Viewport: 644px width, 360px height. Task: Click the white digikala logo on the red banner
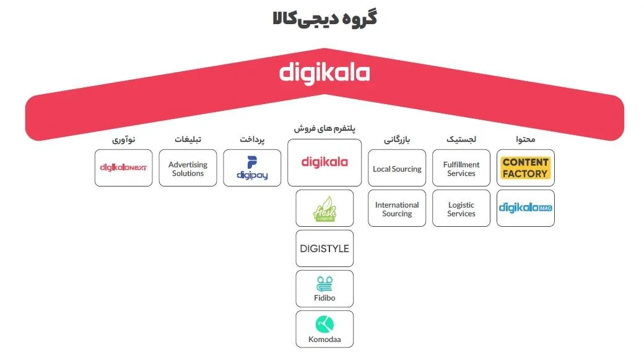coord(324,73)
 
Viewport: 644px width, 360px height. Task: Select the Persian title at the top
coord(324,19)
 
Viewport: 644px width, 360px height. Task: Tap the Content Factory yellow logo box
coord(525,168)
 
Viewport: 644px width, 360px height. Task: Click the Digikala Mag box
coord(525,208)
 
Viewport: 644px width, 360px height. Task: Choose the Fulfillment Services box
coord(461,169)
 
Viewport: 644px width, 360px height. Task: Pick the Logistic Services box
coord(461,209)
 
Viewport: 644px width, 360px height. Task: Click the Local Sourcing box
coord(397,169)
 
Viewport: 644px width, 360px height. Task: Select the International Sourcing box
coord(397,209)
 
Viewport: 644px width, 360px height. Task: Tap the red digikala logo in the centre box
coord(324,162)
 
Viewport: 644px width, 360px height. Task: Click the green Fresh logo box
coord(324,208)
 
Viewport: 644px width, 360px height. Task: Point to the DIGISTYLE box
coord(324,248)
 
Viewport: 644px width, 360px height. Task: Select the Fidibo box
coord(324,289)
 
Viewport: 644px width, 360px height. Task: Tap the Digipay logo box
coord(252,168)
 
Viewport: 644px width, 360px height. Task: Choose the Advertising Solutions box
coord(188,169)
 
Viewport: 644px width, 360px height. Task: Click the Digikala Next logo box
coord(123,167)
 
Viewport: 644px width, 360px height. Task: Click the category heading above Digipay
coord(252,139)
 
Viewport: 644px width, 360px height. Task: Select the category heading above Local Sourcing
coord(397,139)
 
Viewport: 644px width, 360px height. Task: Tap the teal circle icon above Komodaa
coord(324,323)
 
